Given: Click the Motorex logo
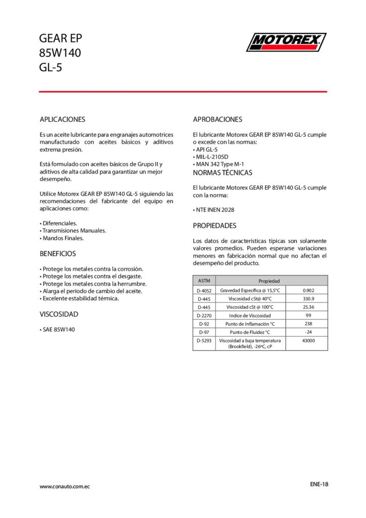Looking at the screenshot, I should [x=286, y=42].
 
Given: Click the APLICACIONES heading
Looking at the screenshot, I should [x=62, y=120].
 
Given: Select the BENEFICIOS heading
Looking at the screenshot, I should [x=58, y=253].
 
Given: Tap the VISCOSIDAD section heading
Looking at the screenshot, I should [x=59, y=314].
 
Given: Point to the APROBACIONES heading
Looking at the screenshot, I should [x=217, y=120].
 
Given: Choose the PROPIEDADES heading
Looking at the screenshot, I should [x=214, y=226].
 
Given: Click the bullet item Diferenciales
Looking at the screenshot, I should [x=59, y=223].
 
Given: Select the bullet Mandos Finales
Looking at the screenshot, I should [x=62, y=238].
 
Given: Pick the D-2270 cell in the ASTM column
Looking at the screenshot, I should [x=204, y=316].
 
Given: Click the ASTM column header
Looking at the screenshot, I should [x=204, y=280].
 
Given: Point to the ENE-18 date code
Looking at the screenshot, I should [x=319, y=484].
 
